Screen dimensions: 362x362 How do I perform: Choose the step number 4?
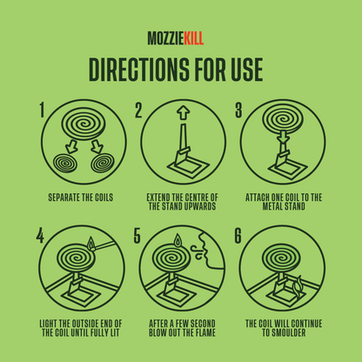point(39,236)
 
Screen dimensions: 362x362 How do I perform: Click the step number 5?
point(137,236)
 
